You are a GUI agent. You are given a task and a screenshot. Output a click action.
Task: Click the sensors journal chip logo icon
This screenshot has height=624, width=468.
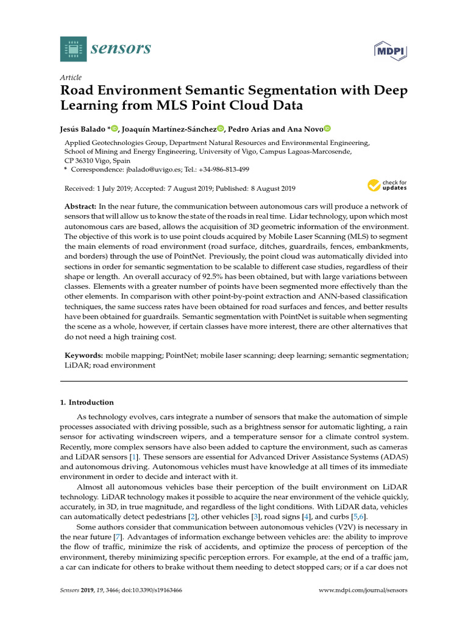pyautogui.click(x=74, y=48)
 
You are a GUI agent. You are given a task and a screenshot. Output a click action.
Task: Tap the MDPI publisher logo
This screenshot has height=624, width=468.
pyautogui.click(x=390, y=49)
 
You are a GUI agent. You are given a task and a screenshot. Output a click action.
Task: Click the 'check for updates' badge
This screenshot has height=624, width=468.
pyautogui.click(x=386, y=185)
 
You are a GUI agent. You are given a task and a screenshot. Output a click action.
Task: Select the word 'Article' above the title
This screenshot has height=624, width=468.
pyautogui.click(x=71, y=77)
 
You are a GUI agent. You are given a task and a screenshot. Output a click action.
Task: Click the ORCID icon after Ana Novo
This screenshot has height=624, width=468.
pyautogui.click(x=327, y=129)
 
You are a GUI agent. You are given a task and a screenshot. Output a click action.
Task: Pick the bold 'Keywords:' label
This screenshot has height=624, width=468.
pyautogui.click(x=84, y=355)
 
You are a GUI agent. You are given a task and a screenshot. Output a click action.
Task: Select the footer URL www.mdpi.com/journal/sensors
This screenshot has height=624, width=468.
pyautogui.click(x=363, y=590)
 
